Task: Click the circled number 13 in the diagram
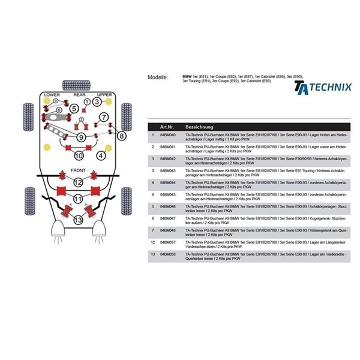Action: tap(78, 220)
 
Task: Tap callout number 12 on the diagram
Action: tap(78, 182)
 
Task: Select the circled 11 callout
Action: tap(78, 199)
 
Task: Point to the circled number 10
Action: tap(78, 156)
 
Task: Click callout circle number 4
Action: tap(101, 156)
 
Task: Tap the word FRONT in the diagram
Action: tap(78, 170)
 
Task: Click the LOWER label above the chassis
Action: tap(52, 95)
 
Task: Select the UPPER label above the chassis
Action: tap(104, 95)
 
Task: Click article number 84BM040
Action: tap(167, 137)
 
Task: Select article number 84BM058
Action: tap(167, 254)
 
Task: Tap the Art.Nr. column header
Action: tap(167, 127)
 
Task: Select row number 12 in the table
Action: tap(153, 242)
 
